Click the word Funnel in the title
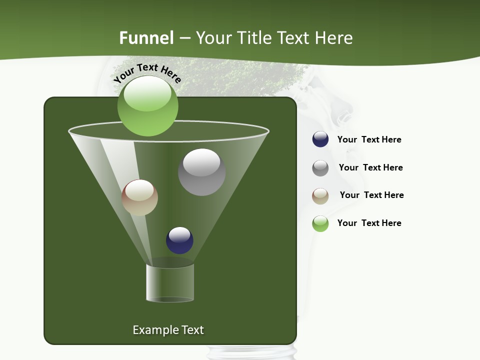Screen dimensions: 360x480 [x=146, y=38]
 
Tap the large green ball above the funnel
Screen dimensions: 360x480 [x=147, y=106]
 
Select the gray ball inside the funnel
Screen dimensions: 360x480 [x=201, y=172]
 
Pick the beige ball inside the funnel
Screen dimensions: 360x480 [x=139, y=197]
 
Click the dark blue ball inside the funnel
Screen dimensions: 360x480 [x=179, y=240]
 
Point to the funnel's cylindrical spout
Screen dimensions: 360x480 [x=170, y=282]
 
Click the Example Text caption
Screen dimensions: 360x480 [x=168, y=330]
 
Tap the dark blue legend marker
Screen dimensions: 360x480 [x=320, y=139]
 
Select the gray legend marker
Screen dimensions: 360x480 [x=320, y=168]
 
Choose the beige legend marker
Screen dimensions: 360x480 [x=320, y=196]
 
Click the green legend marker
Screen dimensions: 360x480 [x=320, y=223]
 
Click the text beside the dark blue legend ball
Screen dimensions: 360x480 [x=369, y=139]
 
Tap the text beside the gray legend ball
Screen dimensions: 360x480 [x=370, y=167]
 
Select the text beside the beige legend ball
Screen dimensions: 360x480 [x=371, y=195]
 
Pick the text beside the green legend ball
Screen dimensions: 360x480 [x=369, y=223]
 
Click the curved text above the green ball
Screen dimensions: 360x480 [x=147, y=72]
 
